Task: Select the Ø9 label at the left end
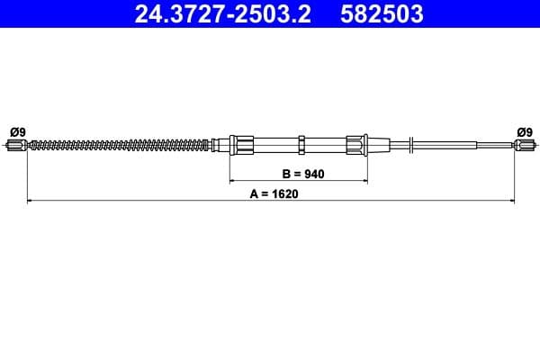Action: pyautogui.click(x=17, y=131)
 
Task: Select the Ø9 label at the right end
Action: pyautogui.click(x=525, y=131)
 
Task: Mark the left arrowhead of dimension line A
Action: pyautogui.click(x=31, y=200)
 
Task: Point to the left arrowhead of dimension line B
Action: pyautogui.click(x=232, y=180)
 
